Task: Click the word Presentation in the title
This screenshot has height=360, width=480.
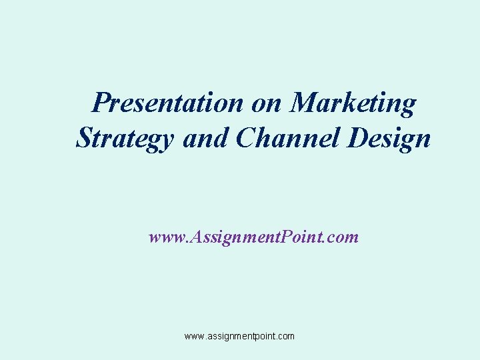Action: click(169, 103)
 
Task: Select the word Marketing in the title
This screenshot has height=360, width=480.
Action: click(354, 104)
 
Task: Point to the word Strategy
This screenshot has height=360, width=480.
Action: click(125, 139)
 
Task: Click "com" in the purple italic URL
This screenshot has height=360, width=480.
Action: click(343, 237)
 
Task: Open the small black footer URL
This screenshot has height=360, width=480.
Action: click(239, 337)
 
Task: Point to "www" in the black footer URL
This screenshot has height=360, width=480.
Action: click(195, 337)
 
